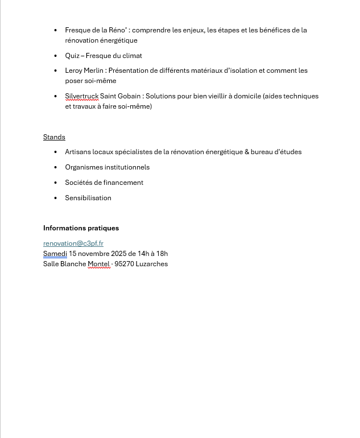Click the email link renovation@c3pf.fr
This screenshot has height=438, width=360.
(x=73, y=243)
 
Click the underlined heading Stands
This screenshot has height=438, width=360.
(x=54, y=137)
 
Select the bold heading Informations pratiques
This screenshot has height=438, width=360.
(x=81, y=228)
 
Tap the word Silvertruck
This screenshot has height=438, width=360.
(x=81, y=96)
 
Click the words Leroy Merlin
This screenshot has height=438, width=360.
(x=84, y=71)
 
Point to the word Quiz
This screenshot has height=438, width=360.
(x=72, y=56)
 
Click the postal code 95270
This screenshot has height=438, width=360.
(x=124, y=264)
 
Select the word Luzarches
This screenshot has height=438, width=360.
(x=152, y=264)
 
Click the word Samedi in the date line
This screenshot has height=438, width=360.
(x=55, y=254)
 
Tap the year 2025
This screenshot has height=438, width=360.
(x=118, y=254)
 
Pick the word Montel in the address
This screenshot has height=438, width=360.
(x=98, y=264)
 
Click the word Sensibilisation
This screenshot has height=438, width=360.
(x=88, y=198)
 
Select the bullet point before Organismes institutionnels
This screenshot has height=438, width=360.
(x=56, y=167)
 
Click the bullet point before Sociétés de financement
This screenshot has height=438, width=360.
(x=56, y=183)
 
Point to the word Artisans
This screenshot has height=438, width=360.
(x=78, y=152)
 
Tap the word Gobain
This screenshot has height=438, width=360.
(x=129, y=96)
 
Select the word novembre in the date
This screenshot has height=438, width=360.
(x=93, y=254)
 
